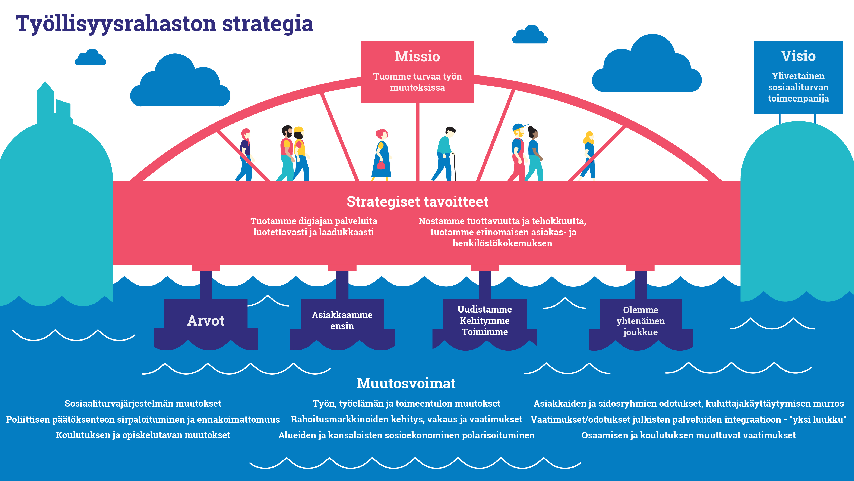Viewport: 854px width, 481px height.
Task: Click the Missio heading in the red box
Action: click(417, 56)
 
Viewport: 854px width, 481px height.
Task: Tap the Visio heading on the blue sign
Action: click(798, 56)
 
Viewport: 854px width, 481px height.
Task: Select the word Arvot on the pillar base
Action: click(206, 321)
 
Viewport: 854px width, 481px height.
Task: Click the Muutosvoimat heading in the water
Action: click(406, 383)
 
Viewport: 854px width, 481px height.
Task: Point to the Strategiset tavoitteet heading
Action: click(417, 202)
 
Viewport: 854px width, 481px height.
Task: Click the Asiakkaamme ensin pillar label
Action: click(342, 320)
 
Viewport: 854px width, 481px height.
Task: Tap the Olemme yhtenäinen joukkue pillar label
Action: click(640, 321)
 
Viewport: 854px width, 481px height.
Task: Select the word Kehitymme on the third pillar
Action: click(485, 321)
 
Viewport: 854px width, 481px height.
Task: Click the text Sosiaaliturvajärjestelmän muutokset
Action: click(143, 403)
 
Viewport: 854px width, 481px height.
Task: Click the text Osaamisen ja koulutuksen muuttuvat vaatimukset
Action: click(688, 435)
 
